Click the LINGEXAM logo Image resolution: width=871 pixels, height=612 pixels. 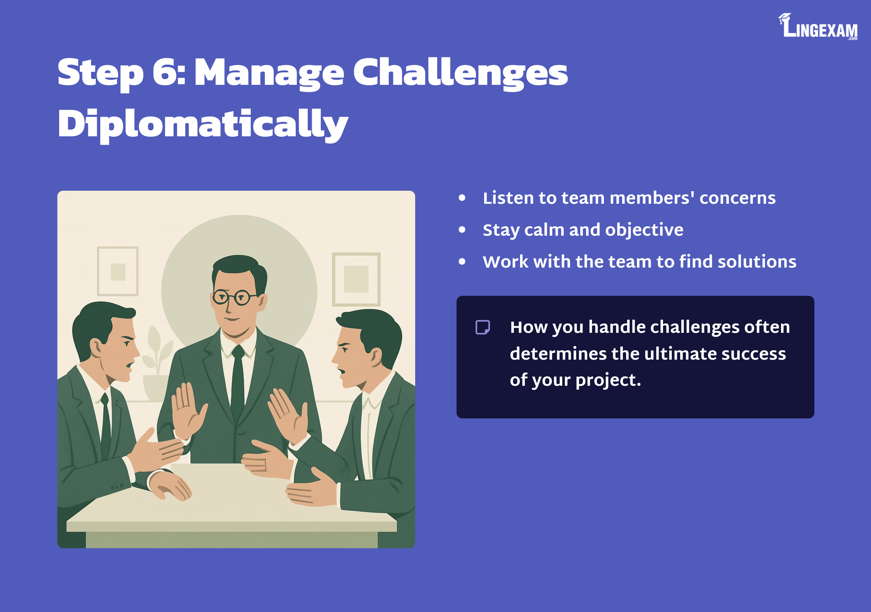tap(818, 26)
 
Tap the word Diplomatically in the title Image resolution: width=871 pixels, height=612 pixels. tap(203, 125)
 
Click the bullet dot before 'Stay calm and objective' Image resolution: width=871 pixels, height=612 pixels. tap(462, 230)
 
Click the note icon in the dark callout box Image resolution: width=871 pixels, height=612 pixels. tap(483, 327)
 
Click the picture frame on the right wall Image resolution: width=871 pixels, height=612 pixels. tap(356, 279)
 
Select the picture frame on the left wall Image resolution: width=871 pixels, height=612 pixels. tap(118, 271)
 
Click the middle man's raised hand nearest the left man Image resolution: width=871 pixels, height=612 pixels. tap(188, 411)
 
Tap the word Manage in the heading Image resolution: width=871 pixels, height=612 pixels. tap(269, 74)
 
